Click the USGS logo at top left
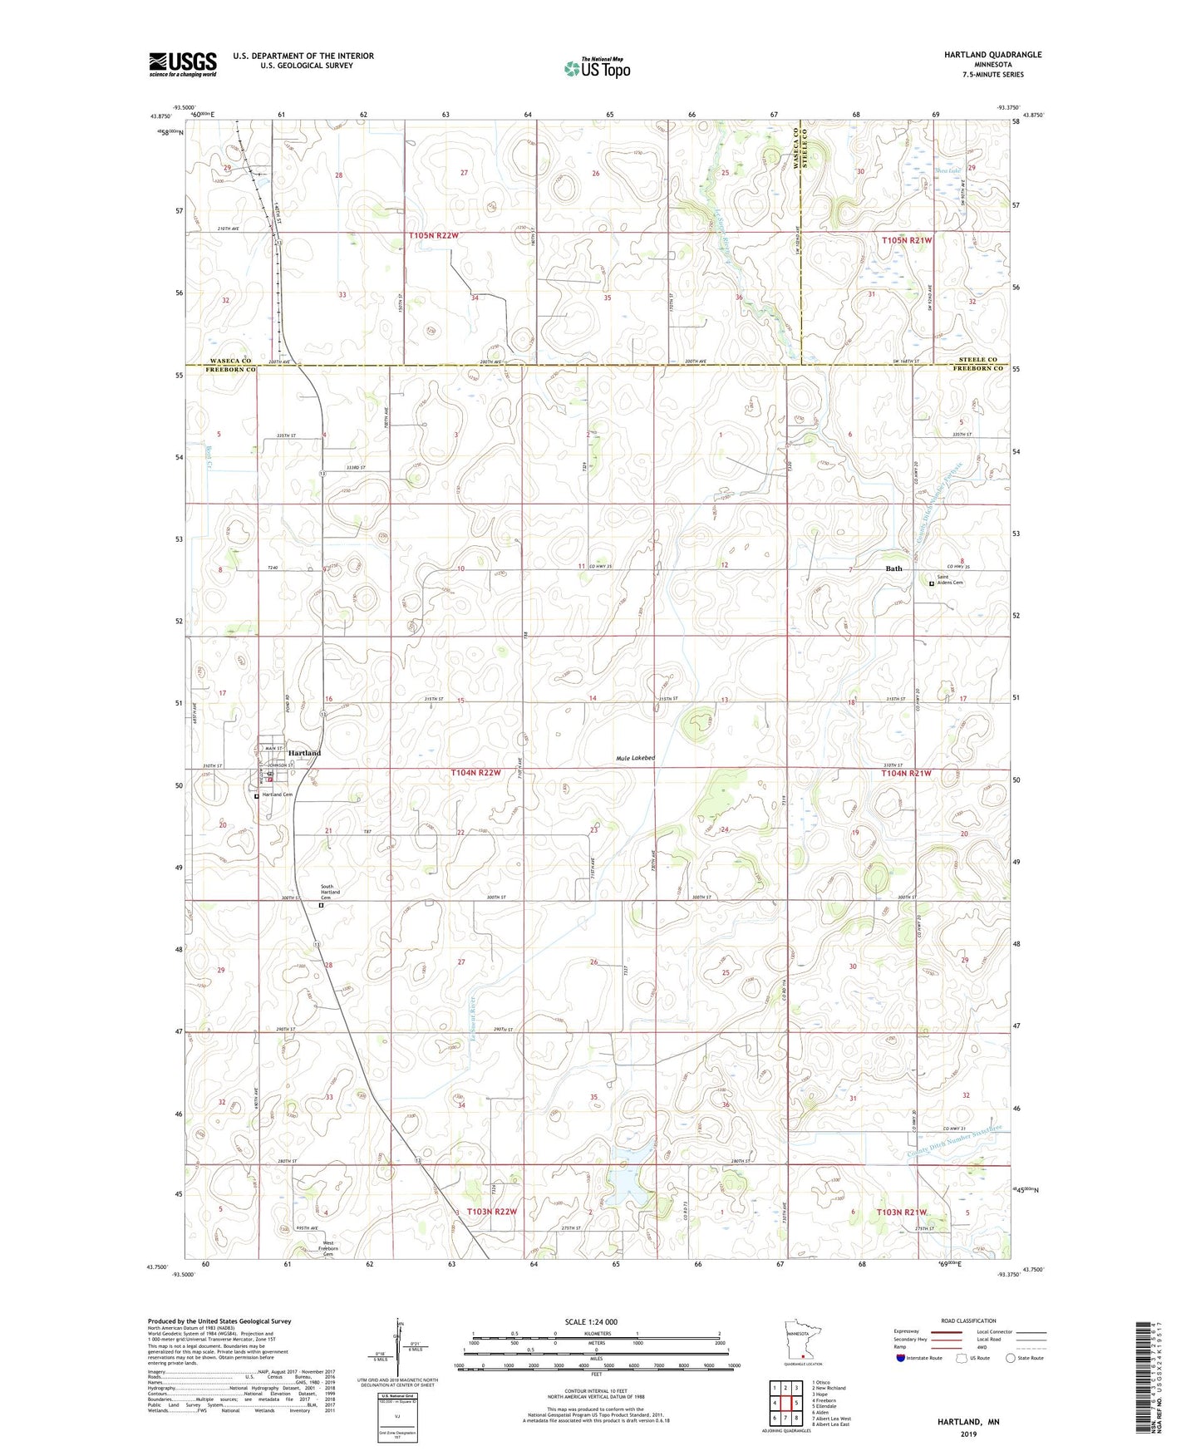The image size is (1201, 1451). pos(182,64)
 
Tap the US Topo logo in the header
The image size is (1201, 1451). pos(597,68)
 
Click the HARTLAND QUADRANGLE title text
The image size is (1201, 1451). pos(992,55)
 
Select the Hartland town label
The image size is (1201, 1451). pos(304,753)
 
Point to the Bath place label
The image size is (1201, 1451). pos(893,569)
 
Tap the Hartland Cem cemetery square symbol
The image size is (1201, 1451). pos(256,795)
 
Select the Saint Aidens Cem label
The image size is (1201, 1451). pos(950,580)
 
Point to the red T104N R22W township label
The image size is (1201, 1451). pos(476,773)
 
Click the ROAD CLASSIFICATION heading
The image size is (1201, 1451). pos(968,1321)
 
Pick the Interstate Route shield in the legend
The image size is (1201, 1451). pos(902,1358)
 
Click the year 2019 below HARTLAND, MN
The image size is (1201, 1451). pos(968,1434)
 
